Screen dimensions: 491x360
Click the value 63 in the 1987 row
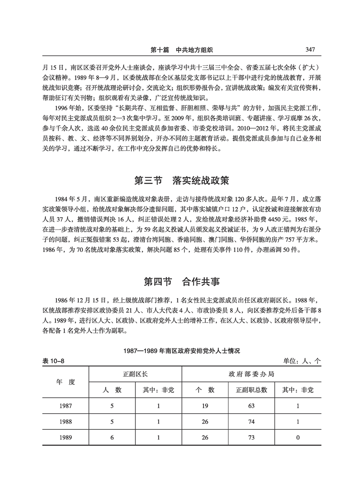(x=251, y=406)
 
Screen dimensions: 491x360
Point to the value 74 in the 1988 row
(x=251, y=422)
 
